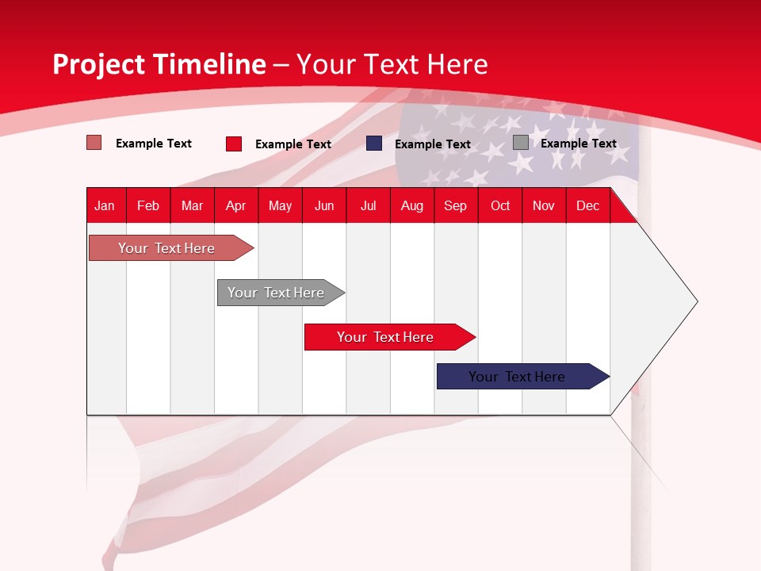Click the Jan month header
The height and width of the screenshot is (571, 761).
pos(105,205)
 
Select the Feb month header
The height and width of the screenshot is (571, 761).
pos(148,205)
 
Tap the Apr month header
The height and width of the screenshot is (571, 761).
pos(235,205)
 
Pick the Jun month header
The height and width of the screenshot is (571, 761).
pos(324,205)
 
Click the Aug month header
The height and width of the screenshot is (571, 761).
pos(412,205)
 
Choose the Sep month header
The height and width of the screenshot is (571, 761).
pos(455,205)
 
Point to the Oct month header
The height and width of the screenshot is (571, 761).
pos(500,205)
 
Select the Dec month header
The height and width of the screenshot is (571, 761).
pos(587,205)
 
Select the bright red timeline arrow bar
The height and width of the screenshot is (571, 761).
pos(386,337)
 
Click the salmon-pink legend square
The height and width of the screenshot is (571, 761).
pos(94,143)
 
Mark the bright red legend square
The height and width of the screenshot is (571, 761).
pos(234,144)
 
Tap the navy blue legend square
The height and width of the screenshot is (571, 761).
pos(374,144)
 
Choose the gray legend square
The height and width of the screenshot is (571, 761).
pos(521,143)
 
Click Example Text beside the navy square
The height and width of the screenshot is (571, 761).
pos(433,144)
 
